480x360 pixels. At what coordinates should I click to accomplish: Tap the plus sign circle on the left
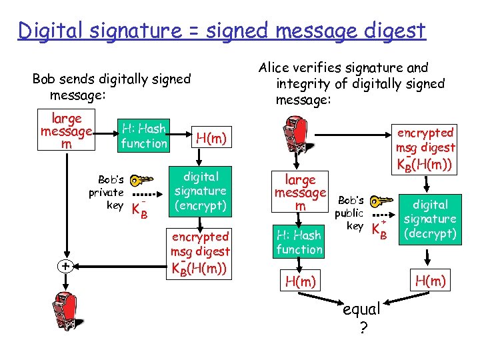tap(65, 266)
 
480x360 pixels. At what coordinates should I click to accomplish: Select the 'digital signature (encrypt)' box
tap(201, 191)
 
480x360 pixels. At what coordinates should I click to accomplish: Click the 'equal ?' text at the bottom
tap(361, 318)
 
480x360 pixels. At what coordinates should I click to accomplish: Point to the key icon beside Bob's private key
tap(139, 181)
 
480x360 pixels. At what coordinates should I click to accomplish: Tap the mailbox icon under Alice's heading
tap(297, 137)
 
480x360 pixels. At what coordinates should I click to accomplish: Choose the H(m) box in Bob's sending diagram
tap(211, 138)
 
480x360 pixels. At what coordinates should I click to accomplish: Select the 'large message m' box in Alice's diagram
tap(300, 193)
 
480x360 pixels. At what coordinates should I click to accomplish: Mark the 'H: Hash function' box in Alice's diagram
tap(299, 242)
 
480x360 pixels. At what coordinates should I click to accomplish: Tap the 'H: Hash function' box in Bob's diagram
tap(143, 135)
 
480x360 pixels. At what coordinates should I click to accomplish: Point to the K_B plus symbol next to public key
tap(378, 229)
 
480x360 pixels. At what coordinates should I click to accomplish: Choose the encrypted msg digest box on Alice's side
tap(425, 148)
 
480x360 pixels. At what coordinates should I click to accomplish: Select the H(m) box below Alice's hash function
tap(300, 281)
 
